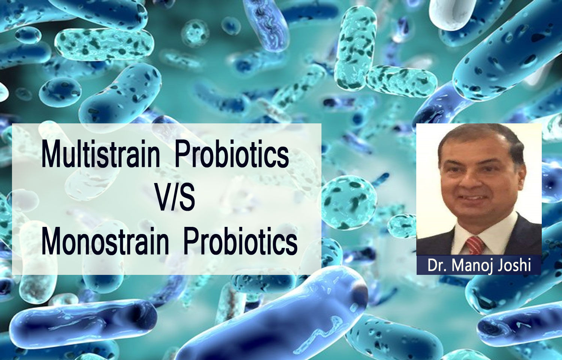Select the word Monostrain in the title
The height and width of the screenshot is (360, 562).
coord(105,241)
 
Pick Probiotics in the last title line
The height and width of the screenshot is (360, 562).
coord(241,241)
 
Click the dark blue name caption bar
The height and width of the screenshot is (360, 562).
coord(479,265)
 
